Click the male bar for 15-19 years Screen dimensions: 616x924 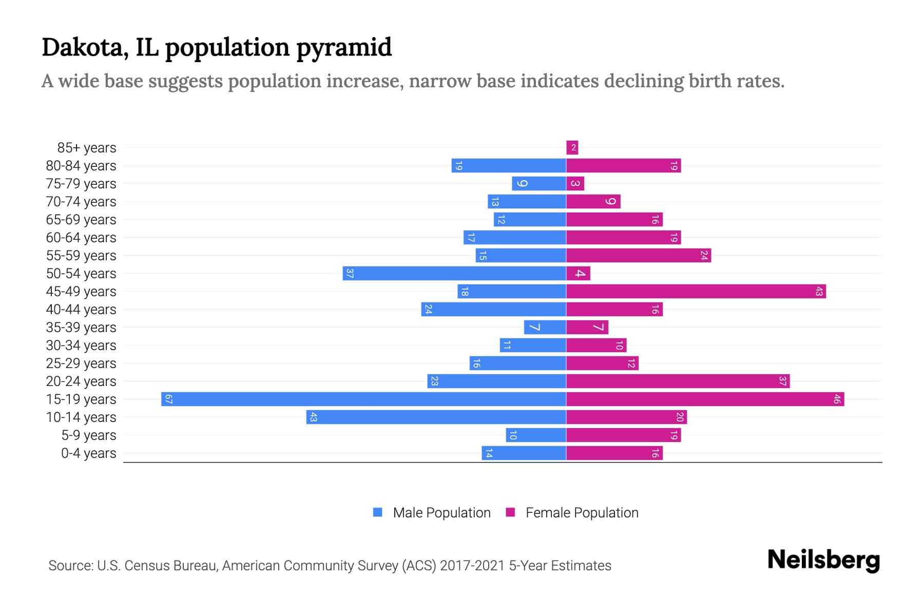(x=363, y=399)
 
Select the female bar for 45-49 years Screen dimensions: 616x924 (x=696, y=291)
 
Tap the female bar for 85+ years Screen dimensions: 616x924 (x=572, y=148)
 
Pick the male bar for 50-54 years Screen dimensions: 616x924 (x=454, y=273)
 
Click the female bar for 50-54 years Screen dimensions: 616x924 (x=578, y=273)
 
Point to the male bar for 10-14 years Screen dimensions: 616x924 (x=436, y=417)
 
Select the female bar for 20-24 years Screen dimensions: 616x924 (x=678, y=381)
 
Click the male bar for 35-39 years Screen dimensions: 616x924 (x=545, y=327)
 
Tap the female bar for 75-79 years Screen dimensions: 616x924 (x=575, y=183)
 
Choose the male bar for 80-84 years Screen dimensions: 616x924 (x=509, y=166)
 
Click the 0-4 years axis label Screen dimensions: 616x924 (x=88, y=453)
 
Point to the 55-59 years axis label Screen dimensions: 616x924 (x=81, y=256)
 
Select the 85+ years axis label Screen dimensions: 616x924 (x=87, y=148)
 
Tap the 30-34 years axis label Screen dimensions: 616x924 (x=81, y=345)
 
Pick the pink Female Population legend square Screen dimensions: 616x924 (x=510, y=512)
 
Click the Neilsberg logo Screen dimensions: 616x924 (x=823, y=560)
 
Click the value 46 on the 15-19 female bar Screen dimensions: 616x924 (x=836, y=399)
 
